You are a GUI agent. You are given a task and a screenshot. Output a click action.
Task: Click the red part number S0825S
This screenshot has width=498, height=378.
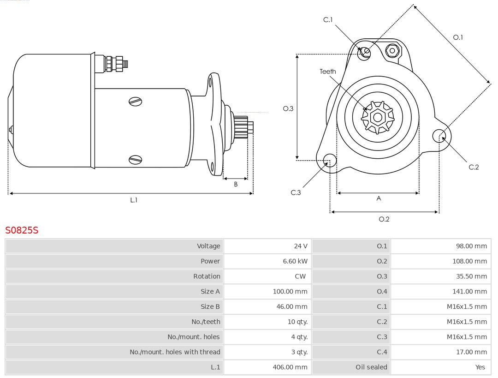point(22,230)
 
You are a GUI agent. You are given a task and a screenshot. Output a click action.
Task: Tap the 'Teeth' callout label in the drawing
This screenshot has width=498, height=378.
point(328,72)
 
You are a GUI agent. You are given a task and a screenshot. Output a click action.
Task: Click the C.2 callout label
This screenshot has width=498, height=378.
point(474,167)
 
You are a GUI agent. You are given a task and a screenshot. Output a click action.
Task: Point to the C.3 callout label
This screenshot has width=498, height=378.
point(296,192)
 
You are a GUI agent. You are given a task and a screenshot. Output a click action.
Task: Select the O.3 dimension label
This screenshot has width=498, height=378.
point(288,109)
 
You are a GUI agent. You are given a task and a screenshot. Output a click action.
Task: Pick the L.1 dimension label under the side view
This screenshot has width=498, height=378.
point(133,200)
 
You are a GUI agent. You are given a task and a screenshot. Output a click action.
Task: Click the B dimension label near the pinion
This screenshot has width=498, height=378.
point(236,184)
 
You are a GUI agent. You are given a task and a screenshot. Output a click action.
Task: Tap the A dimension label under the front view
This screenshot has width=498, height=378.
point(379,198)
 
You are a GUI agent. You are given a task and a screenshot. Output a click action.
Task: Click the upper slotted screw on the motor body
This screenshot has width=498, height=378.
point(136,102)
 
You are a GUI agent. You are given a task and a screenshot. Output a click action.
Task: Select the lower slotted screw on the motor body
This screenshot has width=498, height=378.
point(136,160)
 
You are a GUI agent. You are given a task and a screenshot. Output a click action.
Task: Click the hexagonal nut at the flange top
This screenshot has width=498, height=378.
point(392,50)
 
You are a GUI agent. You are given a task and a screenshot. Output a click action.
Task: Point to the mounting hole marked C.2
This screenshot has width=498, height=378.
point(438,136)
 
